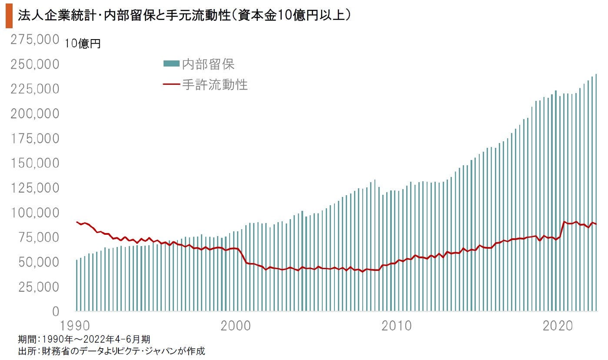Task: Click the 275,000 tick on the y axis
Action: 34,40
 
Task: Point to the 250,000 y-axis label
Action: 34,64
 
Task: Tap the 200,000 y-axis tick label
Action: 34,114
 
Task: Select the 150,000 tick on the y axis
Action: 34,163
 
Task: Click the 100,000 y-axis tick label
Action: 34,213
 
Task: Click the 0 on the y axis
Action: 56,312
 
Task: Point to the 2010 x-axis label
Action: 396,326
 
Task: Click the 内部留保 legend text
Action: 208,64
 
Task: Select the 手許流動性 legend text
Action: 215,84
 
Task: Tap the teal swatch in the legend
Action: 171,64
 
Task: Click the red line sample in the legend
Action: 171,84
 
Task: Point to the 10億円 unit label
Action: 83,44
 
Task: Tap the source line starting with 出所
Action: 111,350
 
